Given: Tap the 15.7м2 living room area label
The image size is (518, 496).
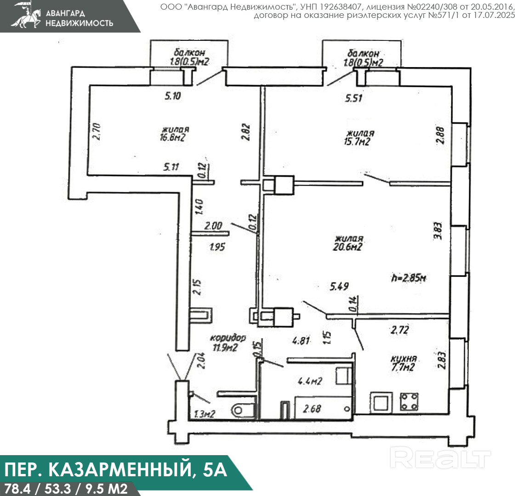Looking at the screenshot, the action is pyautogui.click(x=357, y=142).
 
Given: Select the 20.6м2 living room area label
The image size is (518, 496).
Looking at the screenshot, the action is pyautogui.click(x=347, y=247).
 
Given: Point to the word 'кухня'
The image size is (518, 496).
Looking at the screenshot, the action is pyautogui.click(x=404, y=359).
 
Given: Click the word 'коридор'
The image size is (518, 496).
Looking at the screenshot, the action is pyautogui.click(x=228, y=338).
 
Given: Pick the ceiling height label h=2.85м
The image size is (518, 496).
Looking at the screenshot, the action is pyautogui.click(x=409, y=278).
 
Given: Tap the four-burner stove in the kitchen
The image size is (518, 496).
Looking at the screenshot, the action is pyautogui.click(x=410, y=401).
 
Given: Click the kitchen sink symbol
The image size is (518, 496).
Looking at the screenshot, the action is pyautogui.click(x=381, y=402).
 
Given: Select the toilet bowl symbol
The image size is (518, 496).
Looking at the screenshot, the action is pyautogui.click(x=243, y=411).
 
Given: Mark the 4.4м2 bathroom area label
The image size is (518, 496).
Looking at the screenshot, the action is pyautogui.click(x=310, y=382).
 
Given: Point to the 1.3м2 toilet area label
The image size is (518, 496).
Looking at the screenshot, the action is pyautogui.click(x=205, y=414).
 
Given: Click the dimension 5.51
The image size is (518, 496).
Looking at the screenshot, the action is pyautogui.click(x=353, y=98).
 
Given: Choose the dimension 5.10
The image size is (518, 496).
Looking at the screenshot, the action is pyautogui.click(x=172, y=96).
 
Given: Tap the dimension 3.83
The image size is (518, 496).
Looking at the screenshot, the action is pyautogui.click(x=438, y=231).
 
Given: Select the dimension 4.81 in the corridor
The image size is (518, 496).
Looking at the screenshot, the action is pyautogui.click(x=301, y=340).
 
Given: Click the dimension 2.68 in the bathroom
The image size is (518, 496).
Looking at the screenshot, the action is pyautogui.click(x=312, y=409).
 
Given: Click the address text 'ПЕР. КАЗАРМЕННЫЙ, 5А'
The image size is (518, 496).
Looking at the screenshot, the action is pyautogui.click(x=116, y=469).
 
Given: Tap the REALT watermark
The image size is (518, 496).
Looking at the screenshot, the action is pyautogui.click(x=440, y=457).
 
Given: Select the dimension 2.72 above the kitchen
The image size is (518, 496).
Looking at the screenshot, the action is pyautogui.click(x=399, y=330).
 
